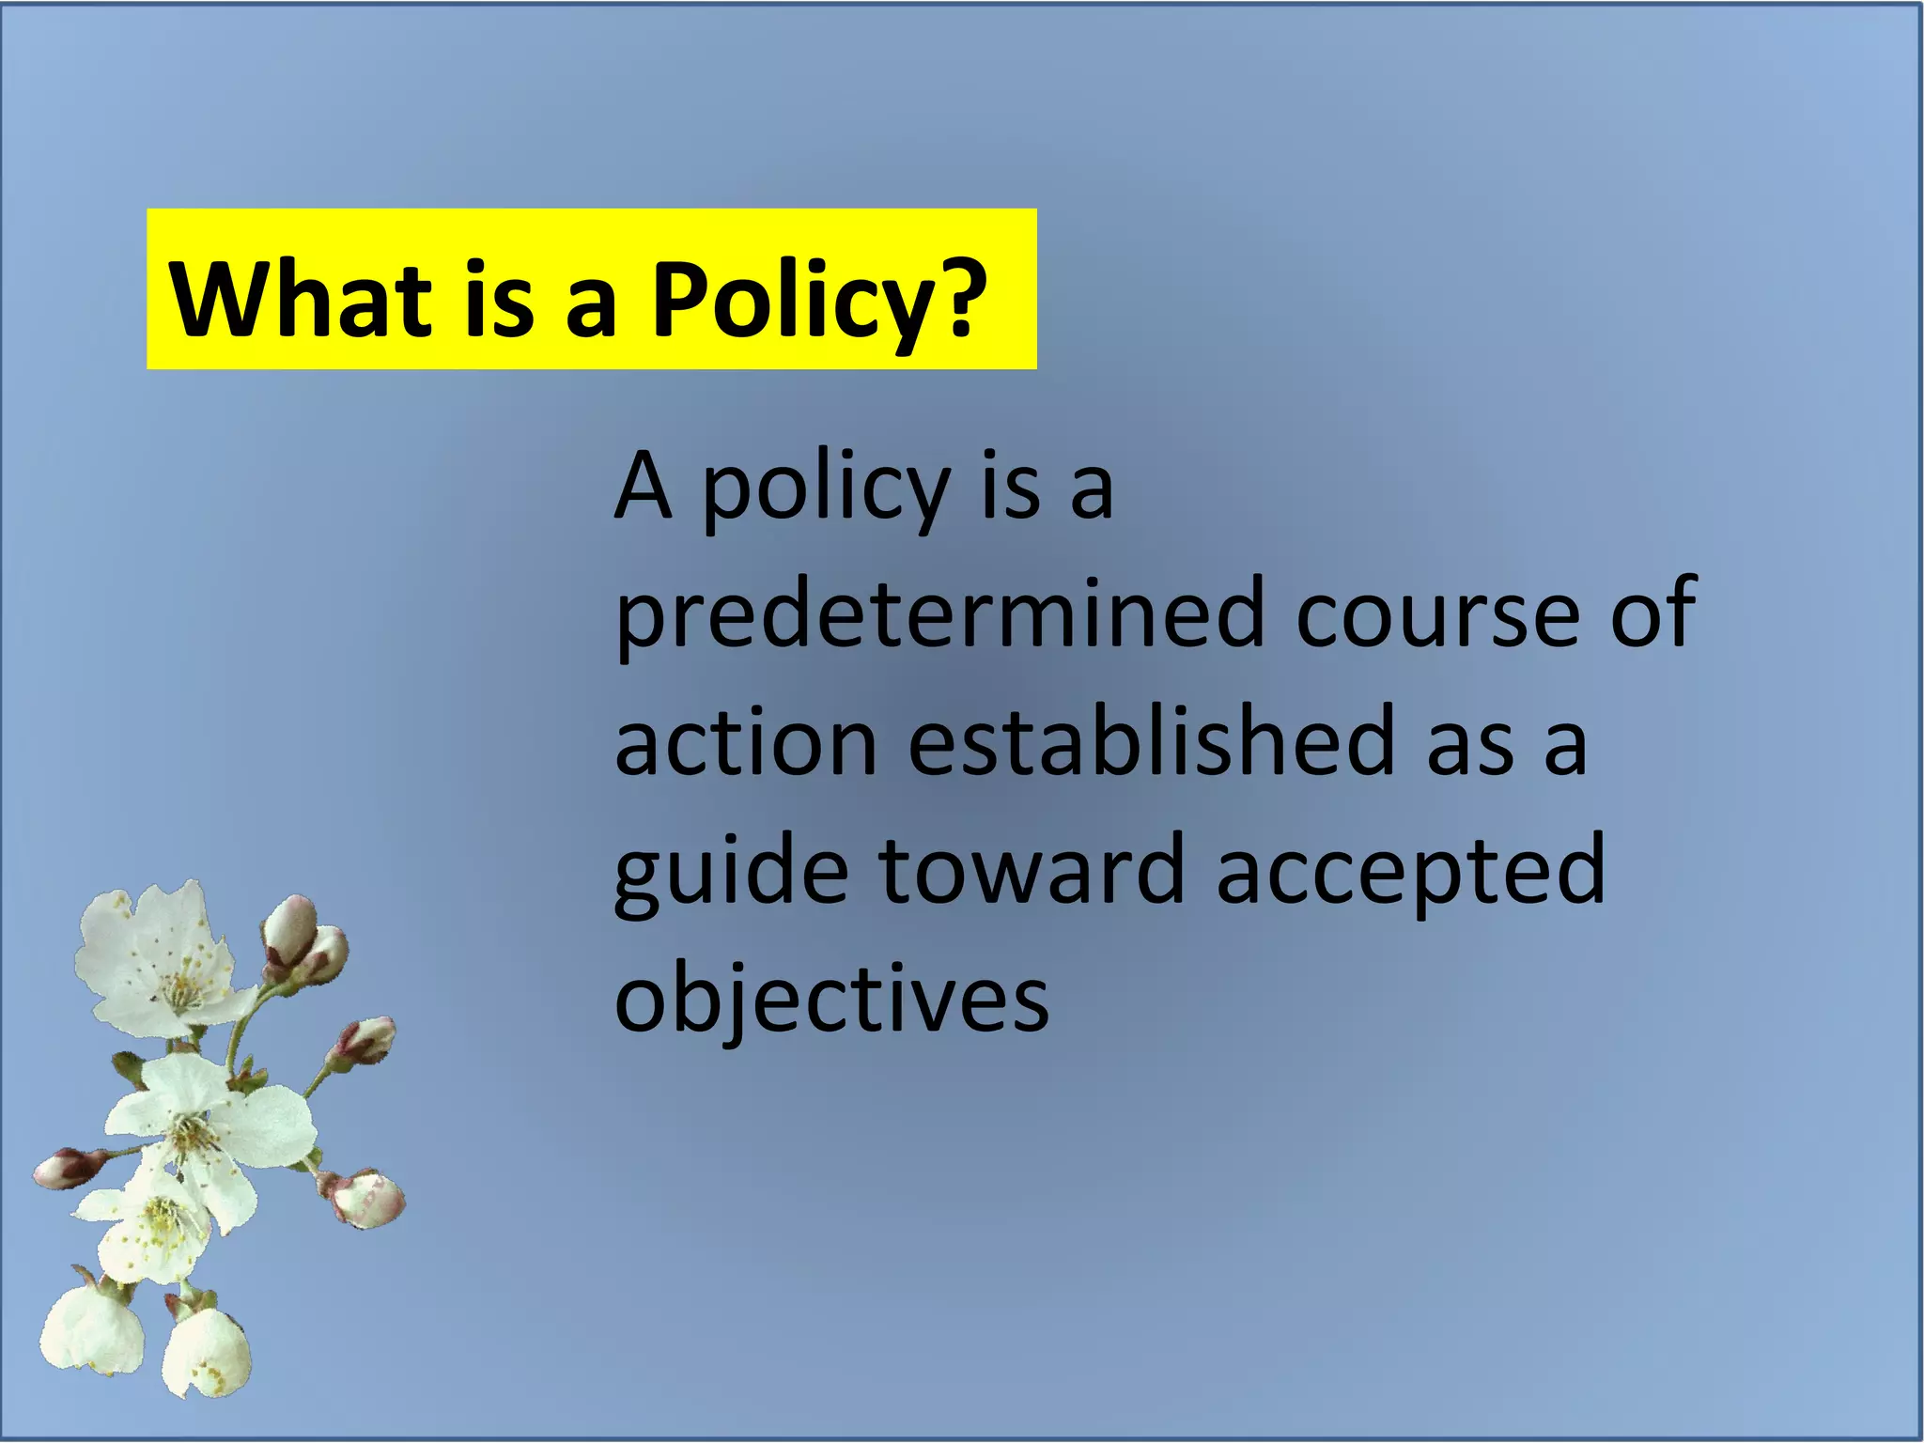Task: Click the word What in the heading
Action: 299,298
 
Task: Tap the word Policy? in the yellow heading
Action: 818,302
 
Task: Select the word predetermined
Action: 939,615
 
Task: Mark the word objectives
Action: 830,1000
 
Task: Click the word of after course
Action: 1652,615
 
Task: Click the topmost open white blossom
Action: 155,958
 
